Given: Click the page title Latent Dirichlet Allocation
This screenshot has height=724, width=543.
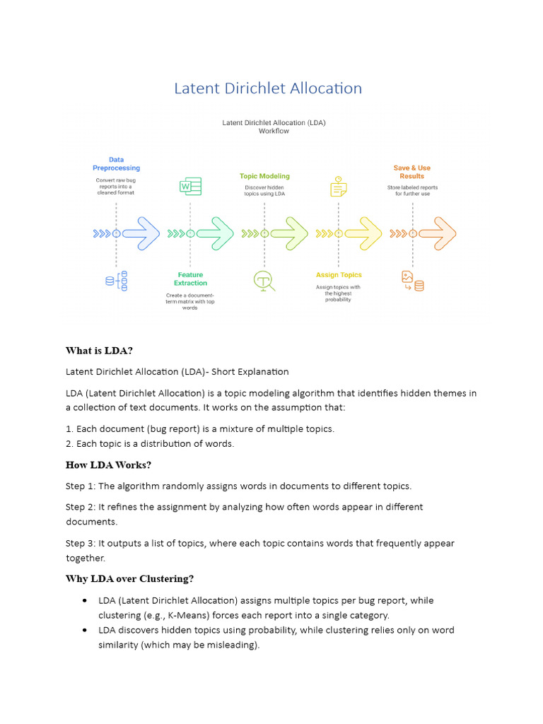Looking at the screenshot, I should pyautogui.click(x=268, y=88).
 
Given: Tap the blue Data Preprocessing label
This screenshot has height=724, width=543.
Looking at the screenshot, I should pyautogui.click(x=116, y=164).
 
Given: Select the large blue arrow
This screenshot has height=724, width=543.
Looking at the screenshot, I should pyautogui.click(x=146, y=233).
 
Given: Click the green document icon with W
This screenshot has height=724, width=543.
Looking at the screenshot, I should pyautogui.click(x=190, y=187).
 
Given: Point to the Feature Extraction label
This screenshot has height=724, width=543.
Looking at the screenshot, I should pyautogui.click(x=190, y=279).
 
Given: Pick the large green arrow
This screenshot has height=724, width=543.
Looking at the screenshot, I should pyautogui.click(x=220, y=233).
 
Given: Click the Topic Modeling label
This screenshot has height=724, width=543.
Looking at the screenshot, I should pyautogui.click(x=264, y=176).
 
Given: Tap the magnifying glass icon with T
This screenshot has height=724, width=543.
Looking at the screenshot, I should pyautogui.click(x=264, y=281).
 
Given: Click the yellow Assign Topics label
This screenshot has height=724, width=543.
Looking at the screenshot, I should pyautogui.click(x=339, y=275).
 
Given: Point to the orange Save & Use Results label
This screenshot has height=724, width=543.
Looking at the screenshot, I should pyautogui.click(x=411, y=172).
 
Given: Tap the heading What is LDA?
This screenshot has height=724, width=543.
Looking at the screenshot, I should pyautogui.click(x=99, y=351).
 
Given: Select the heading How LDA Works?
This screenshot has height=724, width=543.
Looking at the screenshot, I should pyautogui.click(x=108, y=465).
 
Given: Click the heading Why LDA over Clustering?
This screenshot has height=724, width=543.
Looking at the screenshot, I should pyautogui.click(x=129, y=579).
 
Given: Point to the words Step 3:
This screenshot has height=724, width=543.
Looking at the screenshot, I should pyautogui.click(x=81, y=544).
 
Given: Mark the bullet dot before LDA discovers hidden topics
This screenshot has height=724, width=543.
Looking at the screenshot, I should pyautogui.click(x=85, y=630).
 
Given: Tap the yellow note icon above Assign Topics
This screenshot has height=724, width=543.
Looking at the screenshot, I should pyautogui.click(x=338, y=187).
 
